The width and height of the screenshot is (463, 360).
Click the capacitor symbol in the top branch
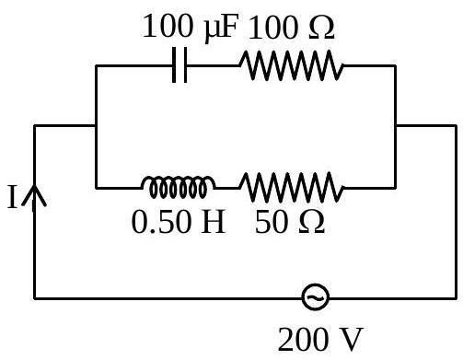click(x=179, y=65)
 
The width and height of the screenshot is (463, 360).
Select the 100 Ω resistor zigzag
click(x=292, y=65)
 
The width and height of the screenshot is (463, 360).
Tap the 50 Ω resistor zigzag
click(x=292, y=187)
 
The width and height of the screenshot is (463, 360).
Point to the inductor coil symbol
click(x=178, y=187)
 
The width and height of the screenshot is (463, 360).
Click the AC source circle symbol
click(x=316, y=297)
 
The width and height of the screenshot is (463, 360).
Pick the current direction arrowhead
click(x=34, y=195)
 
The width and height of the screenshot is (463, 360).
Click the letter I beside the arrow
click(x=12, y=197)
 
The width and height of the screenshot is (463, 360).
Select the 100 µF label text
click(x=191, y=27)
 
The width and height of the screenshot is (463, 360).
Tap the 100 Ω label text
click(x=291, y=29)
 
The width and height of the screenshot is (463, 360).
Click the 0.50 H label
click(x=179, y=222)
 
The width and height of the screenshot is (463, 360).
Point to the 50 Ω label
click(x=290, y=222)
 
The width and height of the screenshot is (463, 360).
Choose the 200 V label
click(x=320, y=340)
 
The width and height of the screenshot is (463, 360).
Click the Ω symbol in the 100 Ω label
click(x=321, y=28)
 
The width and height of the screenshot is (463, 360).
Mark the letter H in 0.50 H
click(x=214, y=222)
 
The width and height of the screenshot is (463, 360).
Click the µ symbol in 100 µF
click(x=211, y=30)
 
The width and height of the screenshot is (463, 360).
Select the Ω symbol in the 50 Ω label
click(x=311, y=222)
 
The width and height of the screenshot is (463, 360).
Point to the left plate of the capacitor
click(x=174, y=65)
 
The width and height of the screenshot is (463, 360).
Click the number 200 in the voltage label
click(x=302, y=340)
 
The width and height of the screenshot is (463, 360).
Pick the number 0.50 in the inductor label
click(x=161, y=222)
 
